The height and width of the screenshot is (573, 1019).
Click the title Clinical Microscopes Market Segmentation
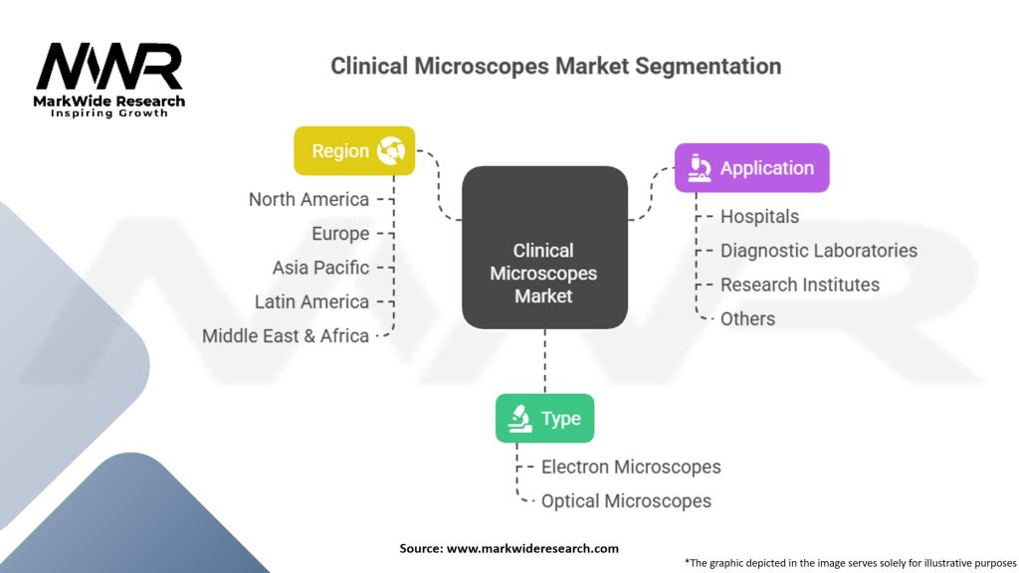pos(555,67)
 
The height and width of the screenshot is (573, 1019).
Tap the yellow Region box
pos(354,151)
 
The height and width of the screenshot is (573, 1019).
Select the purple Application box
pos(751,168)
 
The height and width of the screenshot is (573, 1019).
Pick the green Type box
pos(544,418)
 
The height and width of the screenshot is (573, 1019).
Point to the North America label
pos(308,199)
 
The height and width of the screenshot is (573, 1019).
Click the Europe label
pos(340,234)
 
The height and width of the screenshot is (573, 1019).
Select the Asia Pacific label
pos(320,268)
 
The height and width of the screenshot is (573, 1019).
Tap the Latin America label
pos(311,301)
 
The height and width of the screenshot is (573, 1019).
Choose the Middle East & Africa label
pos(286,336)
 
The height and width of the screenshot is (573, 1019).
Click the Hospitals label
pos(759,216)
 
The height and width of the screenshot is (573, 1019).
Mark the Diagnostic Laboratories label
pos(819,251)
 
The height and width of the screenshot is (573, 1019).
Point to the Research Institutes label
pos(800,285)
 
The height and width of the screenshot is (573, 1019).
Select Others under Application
pos(747,318)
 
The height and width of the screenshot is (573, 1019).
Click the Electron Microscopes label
pos(631,467)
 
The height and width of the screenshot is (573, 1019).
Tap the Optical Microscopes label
pos(626,501)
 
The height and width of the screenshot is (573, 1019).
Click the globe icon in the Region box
pos(391,151)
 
